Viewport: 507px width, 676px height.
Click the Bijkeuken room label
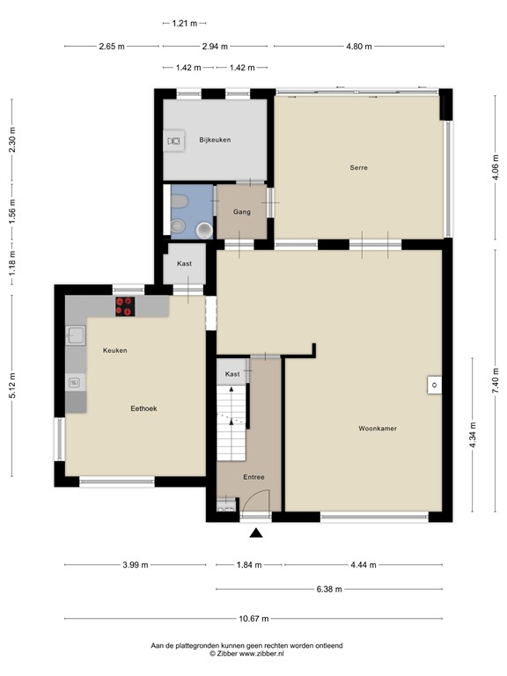[214, 139]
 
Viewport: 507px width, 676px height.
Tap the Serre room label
[357, 167]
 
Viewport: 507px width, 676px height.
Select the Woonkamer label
[377, 429]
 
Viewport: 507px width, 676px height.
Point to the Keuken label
[114, 350]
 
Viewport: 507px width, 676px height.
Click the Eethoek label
[143, 408]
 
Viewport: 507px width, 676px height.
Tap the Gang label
[242, 212]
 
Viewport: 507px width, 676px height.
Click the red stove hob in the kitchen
[125, 307]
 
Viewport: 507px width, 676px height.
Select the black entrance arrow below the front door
[256, 533]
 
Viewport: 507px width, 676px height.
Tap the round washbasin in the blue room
[203, 229]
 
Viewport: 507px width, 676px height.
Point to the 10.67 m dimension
[253, 619]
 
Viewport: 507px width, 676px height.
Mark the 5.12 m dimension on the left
[11, 386]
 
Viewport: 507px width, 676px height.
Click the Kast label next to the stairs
[231, 374]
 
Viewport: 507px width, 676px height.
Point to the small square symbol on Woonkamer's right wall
[434, 384]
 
